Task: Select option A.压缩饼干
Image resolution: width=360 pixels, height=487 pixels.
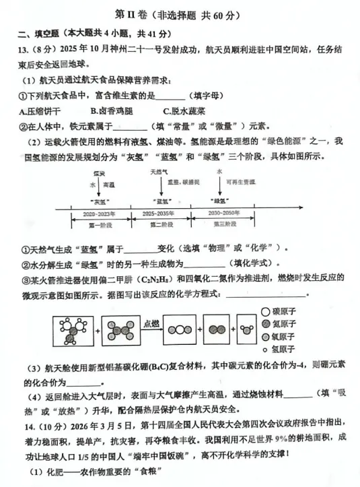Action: point(40,111)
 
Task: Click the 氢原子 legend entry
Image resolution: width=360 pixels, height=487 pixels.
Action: point(283,349)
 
